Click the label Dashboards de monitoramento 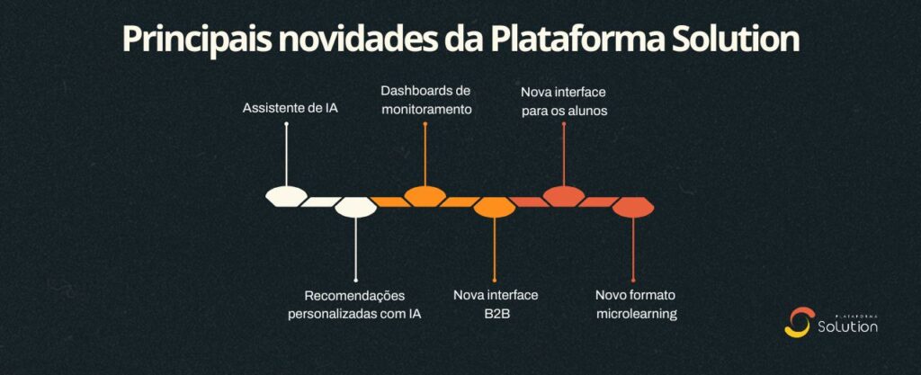click(425, 99)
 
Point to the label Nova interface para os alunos click(564, 101)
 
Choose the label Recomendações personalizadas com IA click(354, 305)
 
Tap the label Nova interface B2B click(496, 305)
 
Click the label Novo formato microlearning click(635, 305)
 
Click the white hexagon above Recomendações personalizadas click(354, 208)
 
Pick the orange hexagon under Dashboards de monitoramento click(425, 195)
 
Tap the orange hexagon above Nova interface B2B click(494, 208)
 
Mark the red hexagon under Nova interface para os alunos click(564, 195)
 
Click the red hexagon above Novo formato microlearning click(633, 208)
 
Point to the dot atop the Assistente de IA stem click(286, 124)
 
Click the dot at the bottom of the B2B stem click(494, 280)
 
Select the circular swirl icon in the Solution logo click(798, 323)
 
